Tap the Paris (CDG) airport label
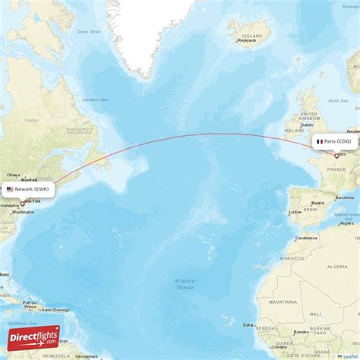point(335,141)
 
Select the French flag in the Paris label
point(320,141)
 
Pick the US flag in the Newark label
point(10,189)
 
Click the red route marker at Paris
point(336,156)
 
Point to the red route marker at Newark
point(22,204)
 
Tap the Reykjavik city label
point(242,43)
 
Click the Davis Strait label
point(89,32)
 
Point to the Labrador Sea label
point(95,99)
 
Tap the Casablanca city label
point(306,238)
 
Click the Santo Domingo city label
point(55,310)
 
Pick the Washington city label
point(23,212)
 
